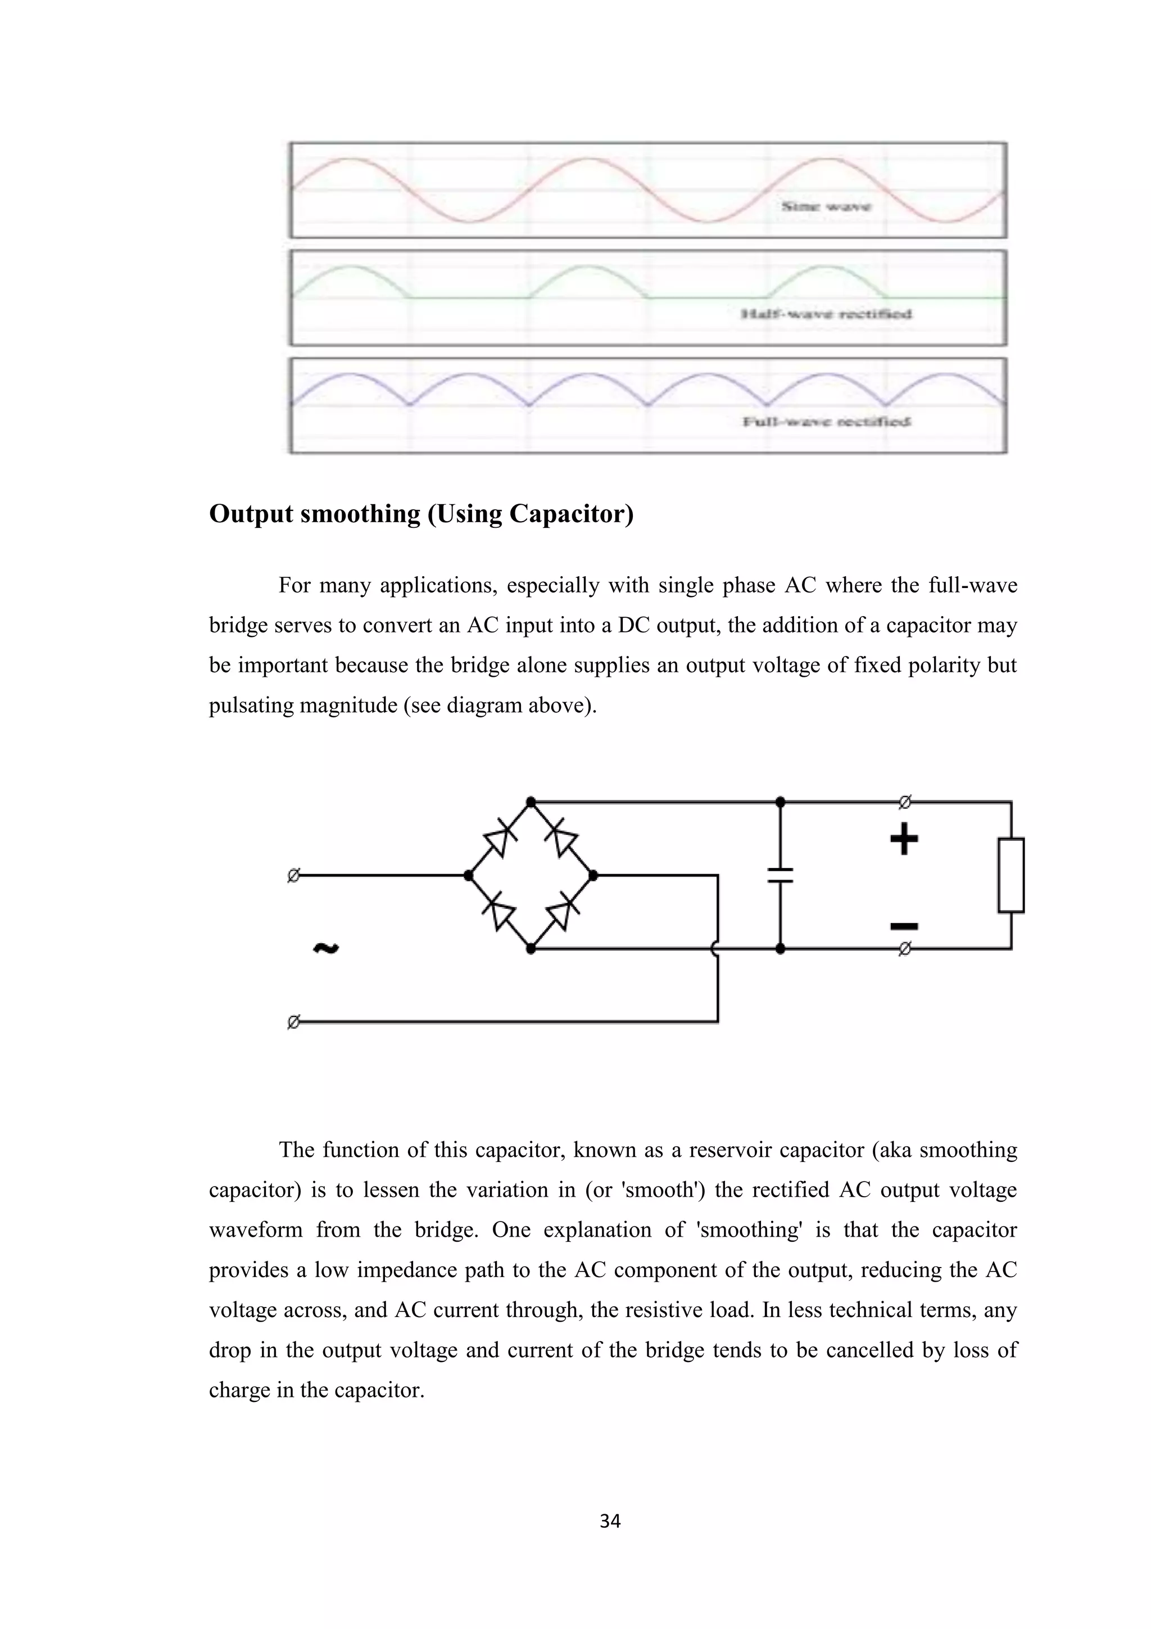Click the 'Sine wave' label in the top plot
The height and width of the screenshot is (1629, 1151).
coord(826,206)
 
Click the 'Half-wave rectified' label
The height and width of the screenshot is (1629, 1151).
coord(826,314)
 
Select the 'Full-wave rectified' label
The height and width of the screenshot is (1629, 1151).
coord(826,422)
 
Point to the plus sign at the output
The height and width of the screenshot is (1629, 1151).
coord(904,840)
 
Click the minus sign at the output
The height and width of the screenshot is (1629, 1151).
coord(904,926)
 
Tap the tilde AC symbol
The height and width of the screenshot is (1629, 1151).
coord(326,948)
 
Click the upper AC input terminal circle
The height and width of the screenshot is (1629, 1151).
coord(293,876)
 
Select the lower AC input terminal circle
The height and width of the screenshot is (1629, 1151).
coord(293,1022)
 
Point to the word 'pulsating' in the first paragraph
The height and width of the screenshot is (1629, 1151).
coord(251,707)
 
